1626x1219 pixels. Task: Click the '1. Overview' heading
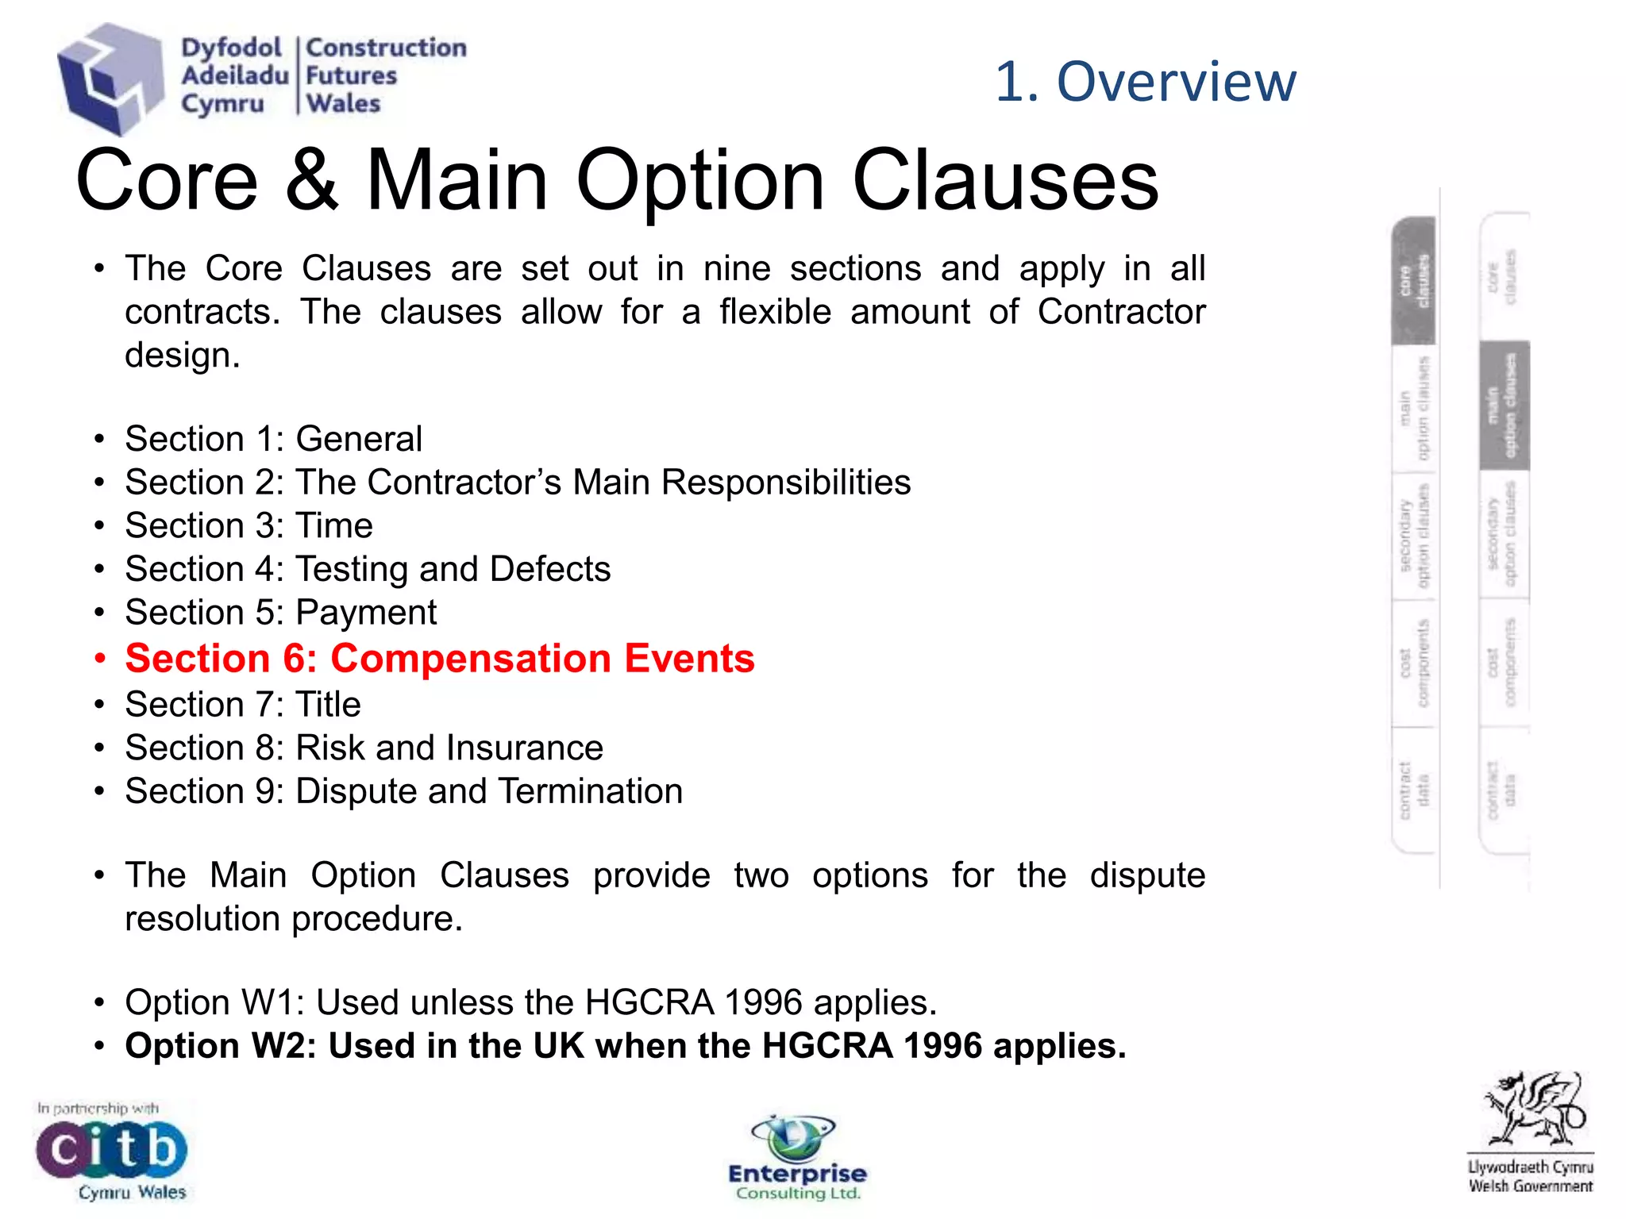click(x=1145, y=81)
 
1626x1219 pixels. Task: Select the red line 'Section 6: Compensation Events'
click(x=439, y=659)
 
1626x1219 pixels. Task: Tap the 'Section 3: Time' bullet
click(x=249, y=526)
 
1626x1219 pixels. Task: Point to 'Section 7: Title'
click(x=242, y=705)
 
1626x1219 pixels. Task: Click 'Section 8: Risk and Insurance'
click(x=364, y=748)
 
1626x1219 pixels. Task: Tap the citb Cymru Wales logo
click(x=111, y=1151)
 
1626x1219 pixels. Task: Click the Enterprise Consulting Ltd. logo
click(x=797, y=1159)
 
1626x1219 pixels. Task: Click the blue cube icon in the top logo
click(x=110, y=78)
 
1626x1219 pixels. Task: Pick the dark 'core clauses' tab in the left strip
click(x=1414, y=280)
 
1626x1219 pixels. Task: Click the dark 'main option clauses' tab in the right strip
click(x=1504, y=406)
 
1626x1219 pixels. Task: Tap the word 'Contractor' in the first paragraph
click(x=1121, y=312)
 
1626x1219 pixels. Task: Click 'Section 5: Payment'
click(x=280, y=613)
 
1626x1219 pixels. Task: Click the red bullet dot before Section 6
click(x=99, y=659)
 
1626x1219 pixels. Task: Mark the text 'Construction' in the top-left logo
click(x=386, y=48)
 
